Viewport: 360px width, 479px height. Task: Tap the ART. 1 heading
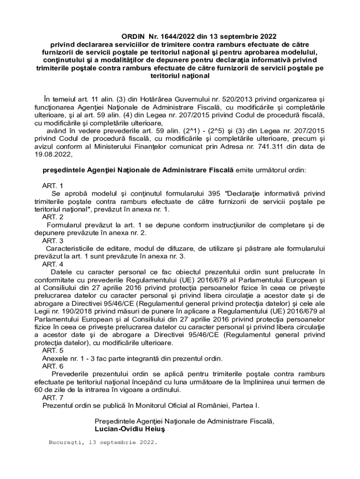[x=53, y=186]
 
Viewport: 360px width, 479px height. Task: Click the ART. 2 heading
[x=53, y=217]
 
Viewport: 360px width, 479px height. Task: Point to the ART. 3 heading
[x=53, y=240]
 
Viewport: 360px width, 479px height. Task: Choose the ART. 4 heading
[x=53, y=264]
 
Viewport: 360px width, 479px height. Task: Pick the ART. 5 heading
[x=53, y=350]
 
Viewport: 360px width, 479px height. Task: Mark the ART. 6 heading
[x=53, y=366]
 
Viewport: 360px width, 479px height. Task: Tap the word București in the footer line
[x=65, y=442]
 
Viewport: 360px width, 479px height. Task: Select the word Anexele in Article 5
[x=54, y=358]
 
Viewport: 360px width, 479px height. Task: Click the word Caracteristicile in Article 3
[x=71, y=248]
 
